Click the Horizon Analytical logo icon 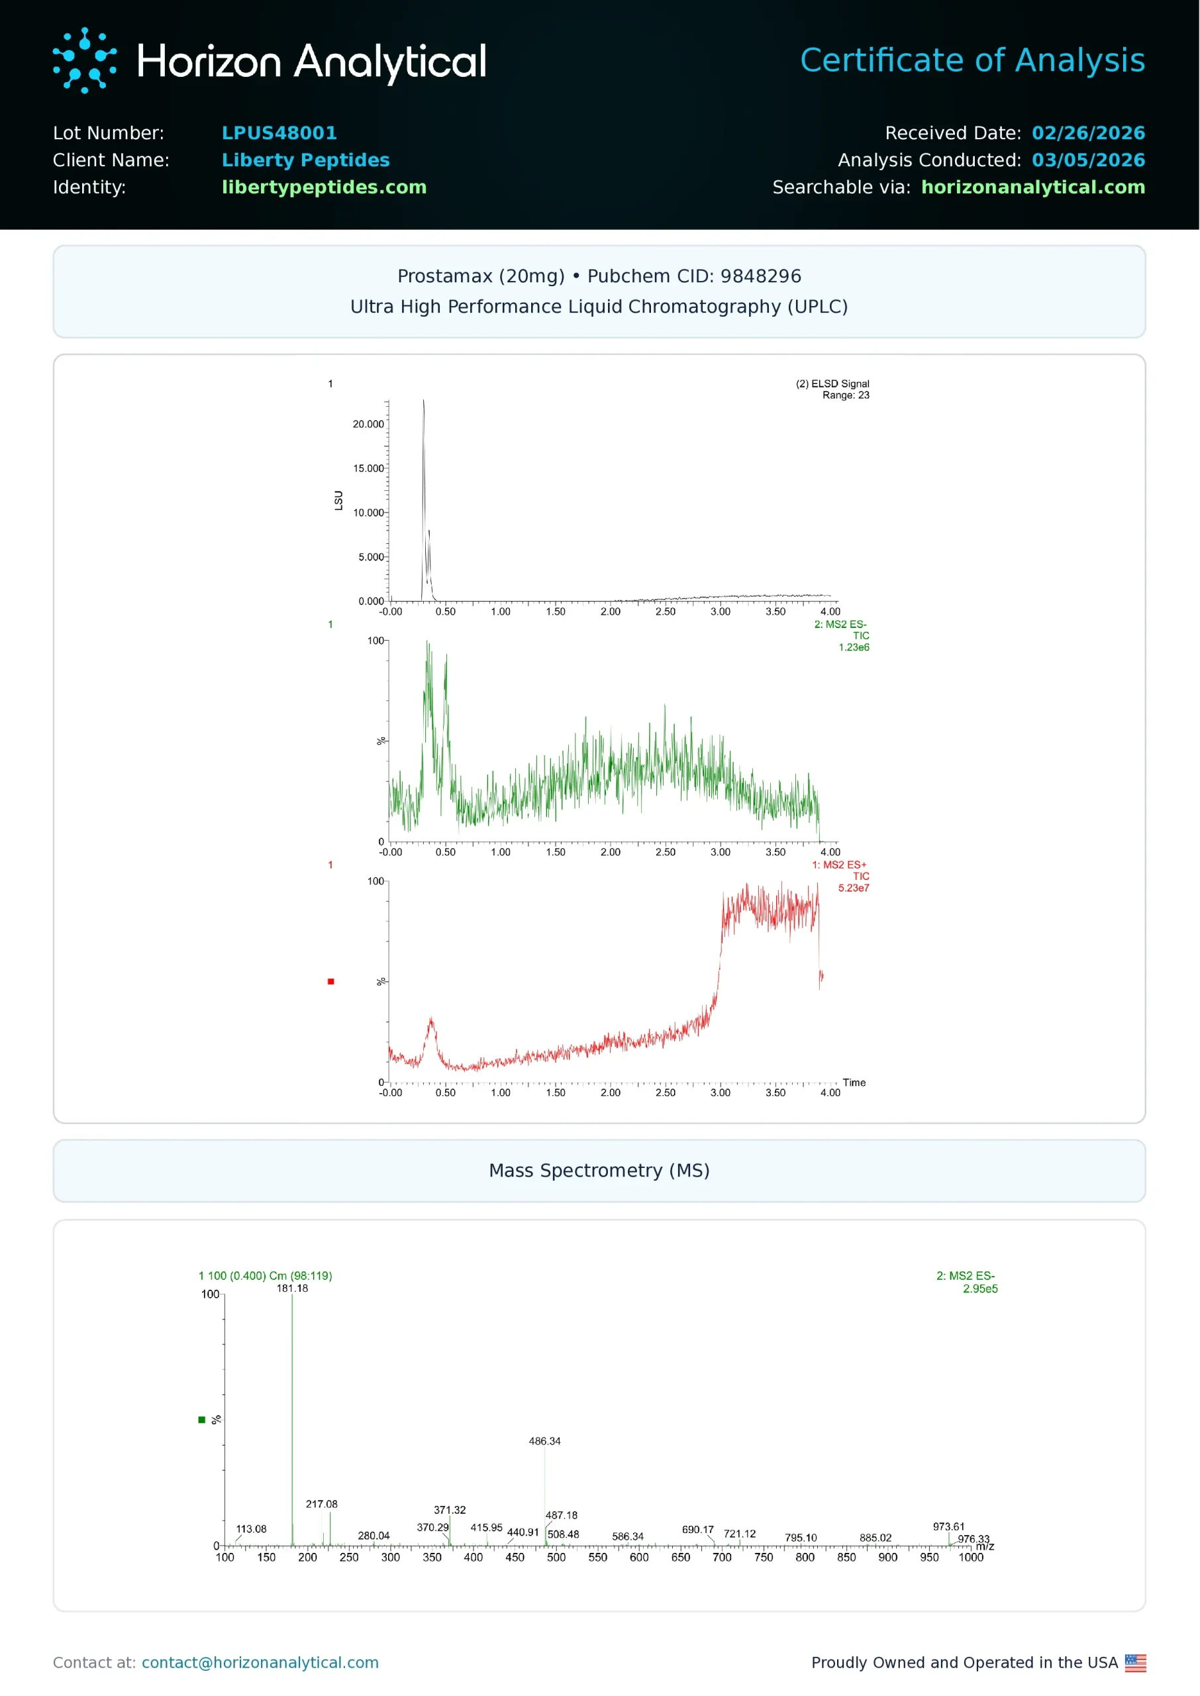[x=84, y=60]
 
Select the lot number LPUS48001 [x=279, y=133]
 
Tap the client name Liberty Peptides [x=305, y=160]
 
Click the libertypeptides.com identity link [x=324, y=187]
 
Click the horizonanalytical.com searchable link [x=1032, y=187]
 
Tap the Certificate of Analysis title [x=972, y=60]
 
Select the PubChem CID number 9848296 [x=760, y=276]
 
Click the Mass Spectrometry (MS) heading [x=599, y=1171]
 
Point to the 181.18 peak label [x=292, y=1288]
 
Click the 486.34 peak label [x=544, y=1441]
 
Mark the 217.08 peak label [x=321, y=1504]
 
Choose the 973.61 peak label [x=948, y=1526]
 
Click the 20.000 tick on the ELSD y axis [x=368, y=424]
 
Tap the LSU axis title [x=338, y=500]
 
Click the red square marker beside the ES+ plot [x=331, y=981]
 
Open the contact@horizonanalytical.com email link [x=260, y=1663]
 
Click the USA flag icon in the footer [x=1135, y=1663]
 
